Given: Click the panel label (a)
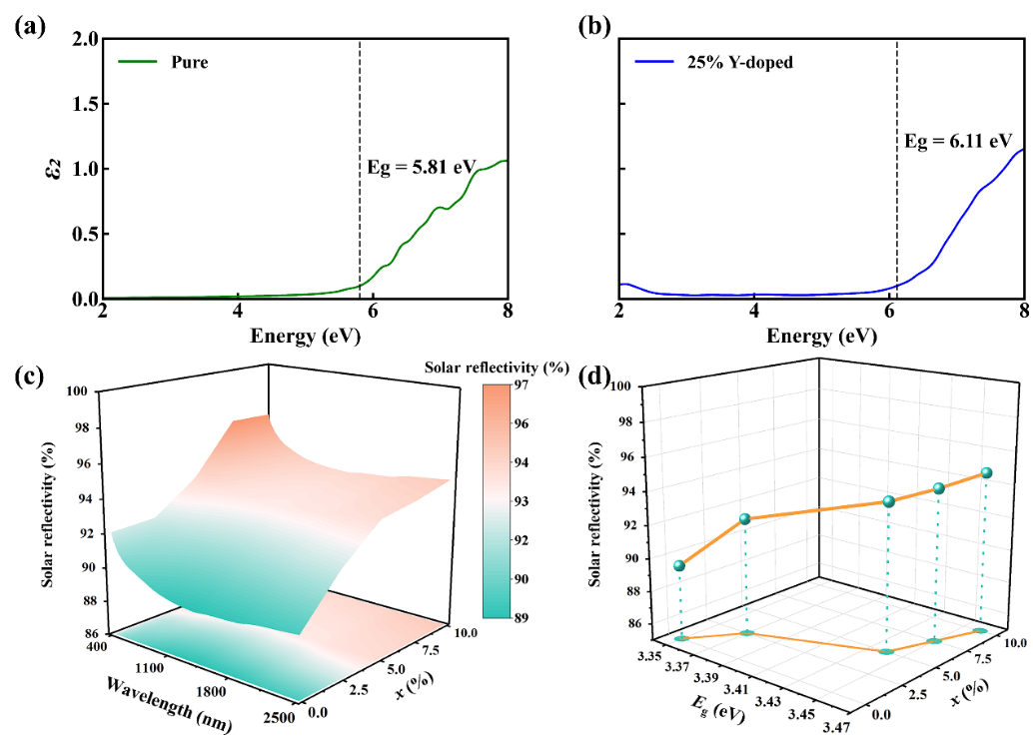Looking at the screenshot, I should [x=29, y=27].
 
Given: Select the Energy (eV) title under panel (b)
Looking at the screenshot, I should [x=822, y=337].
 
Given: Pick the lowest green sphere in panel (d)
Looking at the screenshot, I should [x=680, y=565].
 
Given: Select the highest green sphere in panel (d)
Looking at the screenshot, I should [x=987, y=472].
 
